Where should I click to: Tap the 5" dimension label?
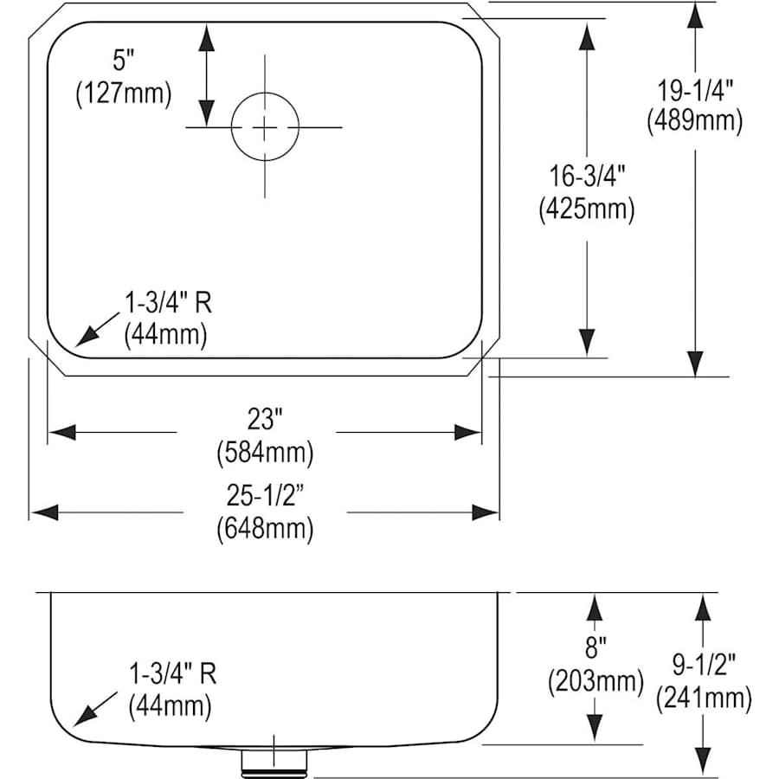coord(124,61)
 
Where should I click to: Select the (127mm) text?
coord(124,93)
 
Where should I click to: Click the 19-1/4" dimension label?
coord(695,91)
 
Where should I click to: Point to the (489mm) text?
coord(695,120)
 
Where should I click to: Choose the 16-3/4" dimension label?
coord(587,177)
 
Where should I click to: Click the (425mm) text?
coord(587,209)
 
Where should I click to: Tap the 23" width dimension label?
coord(265,419)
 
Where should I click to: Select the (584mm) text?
coord(265,453)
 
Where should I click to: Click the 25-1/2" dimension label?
coord(265,495)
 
